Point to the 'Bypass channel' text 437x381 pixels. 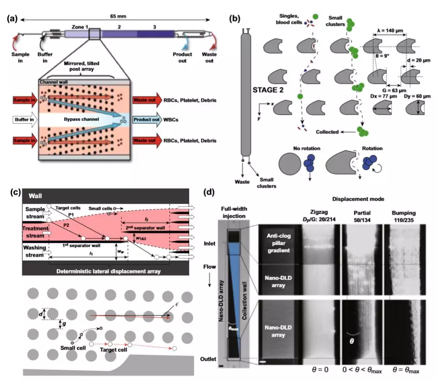pyautogui.click(x=88, y=117)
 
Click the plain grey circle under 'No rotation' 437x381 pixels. pyautogui.click(x=285, y=169)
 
